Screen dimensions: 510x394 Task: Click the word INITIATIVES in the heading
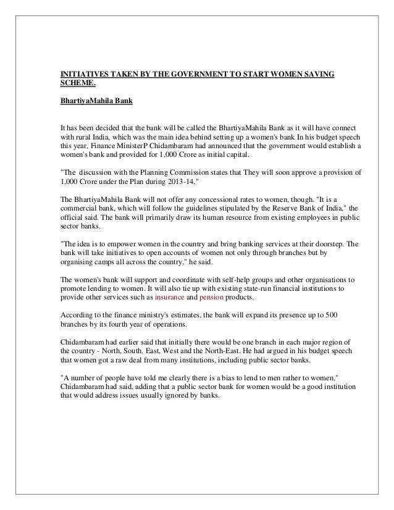click(81, 75)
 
